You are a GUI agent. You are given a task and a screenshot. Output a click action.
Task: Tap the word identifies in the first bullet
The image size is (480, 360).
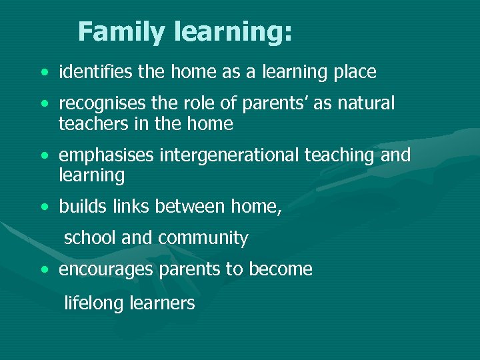(96, 71)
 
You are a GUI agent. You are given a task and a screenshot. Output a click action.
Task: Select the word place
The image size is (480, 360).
(355, 72)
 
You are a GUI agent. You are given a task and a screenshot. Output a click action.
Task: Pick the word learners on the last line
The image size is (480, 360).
(162, 303)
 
